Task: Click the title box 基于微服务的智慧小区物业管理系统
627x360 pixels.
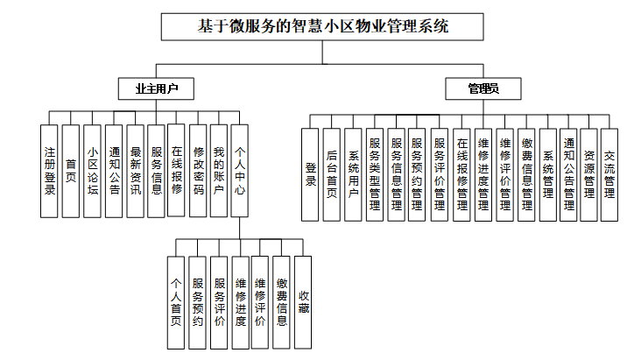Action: click(323, 27)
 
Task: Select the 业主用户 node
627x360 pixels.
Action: click(156, 88)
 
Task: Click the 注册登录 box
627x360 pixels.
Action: click(50, 170)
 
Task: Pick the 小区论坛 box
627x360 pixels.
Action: click(92, 170)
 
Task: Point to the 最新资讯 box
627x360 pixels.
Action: click(135, 170)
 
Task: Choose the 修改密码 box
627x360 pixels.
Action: click(199, 170)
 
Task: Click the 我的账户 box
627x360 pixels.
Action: click(220, 170)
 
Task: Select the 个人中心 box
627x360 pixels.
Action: click(241, 170)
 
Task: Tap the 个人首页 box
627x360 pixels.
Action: click(175, 302)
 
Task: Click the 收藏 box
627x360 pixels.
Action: click(303, 302)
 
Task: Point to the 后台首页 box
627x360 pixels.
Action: click(331, 173)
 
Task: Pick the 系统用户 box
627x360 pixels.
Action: click(353, 173)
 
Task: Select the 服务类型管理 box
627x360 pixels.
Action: click(375, 173)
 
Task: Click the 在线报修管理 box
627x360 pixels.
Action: click(461, 173)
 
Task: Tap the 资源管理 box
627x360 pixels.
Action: click(589, 173)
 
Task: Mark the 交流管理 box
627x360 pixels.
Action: click(610, 173)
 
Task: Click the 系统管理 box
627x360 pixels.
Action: click(547, 173)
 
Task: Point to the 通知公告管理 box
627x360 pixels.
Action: click(568, 173)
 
